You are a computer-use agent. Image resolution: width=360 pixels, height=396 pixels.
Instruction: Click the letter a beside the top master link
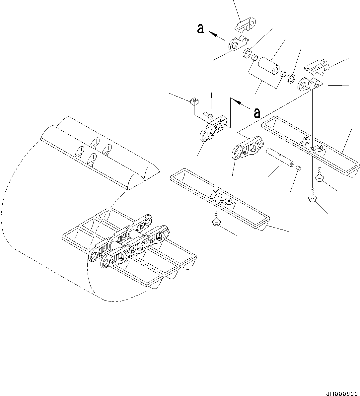200,29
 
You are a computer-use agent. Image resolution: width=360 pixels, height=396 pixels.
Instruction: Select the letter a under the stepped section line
256,113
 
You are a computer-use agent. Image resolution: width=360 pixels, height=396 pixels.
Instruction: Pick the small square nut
194,101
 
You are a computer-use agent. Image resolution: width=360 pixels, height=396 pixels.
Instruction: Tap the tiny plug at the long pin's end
298,168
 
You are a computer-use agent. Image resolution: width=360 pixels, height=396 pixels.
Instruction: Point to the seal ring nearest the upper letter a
247,53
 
